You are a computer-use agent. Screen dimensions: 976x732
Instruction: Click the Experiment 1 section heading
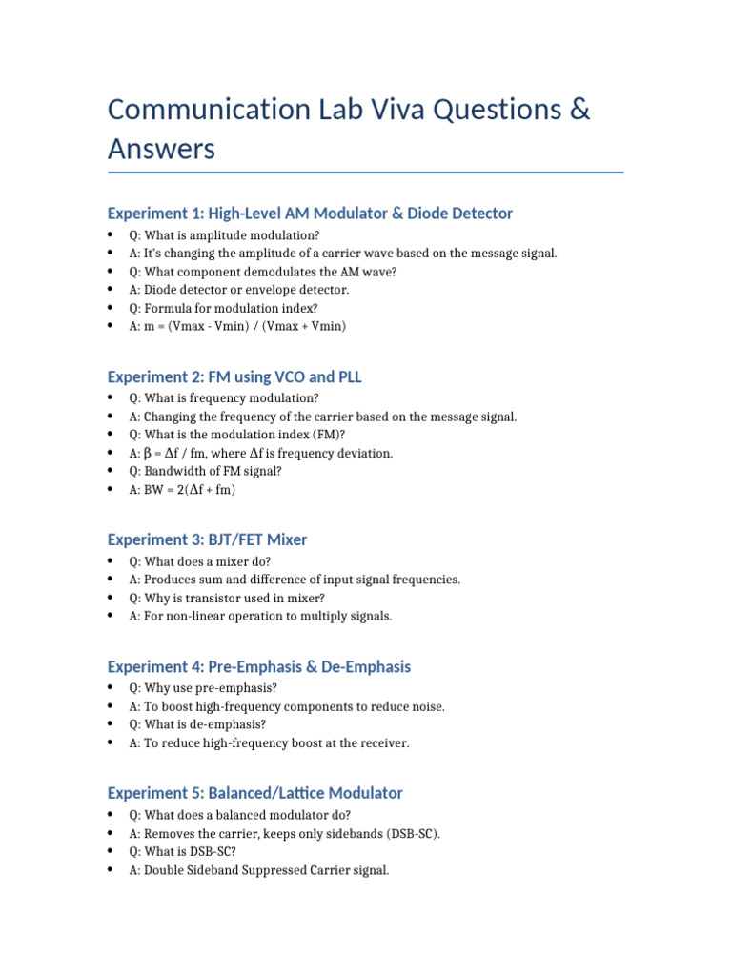click(x=310, y=213)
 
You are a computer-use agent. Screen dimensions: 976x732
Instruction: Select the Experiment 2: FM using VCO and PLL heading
click(x=234, y=377)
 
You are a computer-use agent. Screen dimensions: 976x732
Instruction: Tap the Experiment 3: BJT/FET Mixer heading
click(x=207, y=539)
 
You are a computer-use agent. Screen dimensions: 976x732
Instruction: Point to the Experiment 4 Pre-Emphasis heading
click(x=258, y=666)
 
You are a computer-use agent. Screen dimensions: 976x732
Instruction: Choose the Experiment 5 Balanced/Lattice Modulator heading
click(x=254, y=793)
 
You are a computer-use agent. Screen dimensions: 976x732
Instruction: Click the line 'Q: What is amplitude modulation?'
click(x=224, y=234)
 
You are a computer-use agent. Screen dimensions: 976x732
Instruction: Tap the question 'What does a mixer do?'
click(x=200, y=561)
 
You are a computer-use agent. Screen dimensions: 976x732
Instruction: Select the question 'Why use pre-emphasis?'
click(x=202, y=688)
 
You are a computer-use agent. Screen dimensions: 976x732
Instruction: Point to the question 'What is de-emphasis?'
click(x=198, y=724)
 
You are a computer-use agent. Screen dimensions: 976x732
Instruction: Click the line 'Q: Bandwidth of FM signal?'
click(x=205, y=472)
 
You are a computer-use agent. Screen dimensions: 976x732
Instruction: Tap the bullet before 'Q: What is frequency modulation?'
click(x=112, y=398)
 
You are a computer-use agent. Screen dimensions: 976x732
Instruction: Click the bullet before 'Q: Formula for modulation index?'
click(x=112, y=308)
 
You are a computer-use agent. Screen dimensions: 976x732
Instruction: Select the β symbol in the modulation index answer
click(x=148, y=454)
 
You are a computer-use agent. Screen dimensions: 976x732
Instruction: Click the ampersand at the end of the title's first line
click(x=579, y=110)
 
